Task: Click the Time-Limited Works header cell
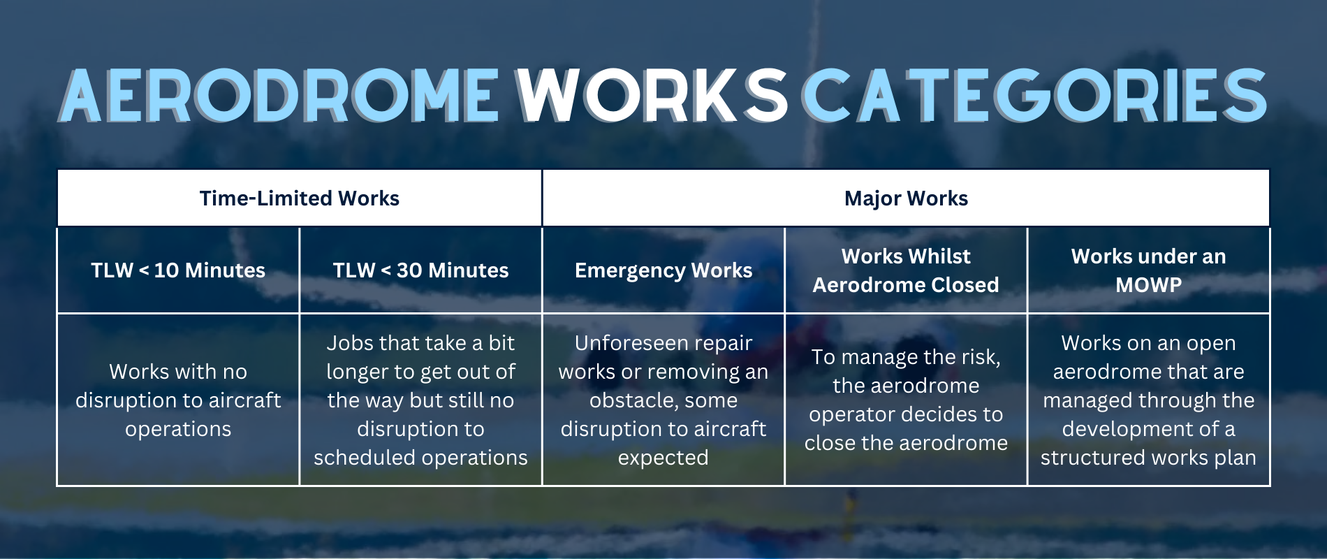[300, 198]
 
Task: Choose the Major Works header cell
[906, 198]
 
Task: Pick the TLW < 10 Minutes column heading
[178, 270]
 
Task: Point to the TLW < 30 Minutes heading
[420, 270]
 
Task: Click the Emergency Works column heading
[663, 270]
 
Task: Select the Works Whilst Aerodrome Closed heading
[906, 270]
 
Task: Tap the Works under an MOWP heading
[1148, 270]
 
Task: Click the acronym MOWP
[1148, 285]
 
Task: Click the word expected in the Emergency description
[663, 458]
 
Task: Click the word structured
[1090, 458]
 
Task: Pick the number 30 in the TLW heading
[409, 270]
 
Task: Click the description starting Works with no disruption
[178, 400]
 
